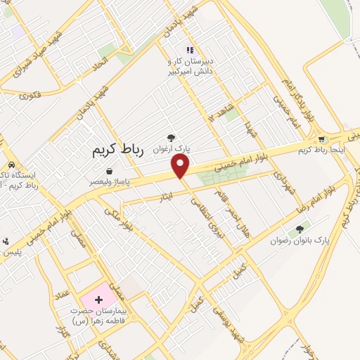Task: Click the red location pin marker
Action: [x=181, y=166]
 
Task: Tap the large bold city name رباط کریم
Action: [x=117, y=150]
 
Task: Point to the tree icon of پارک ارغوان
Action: [x=170, y=139]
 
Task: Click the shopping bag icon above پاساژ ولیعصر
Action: [x=109, y=171]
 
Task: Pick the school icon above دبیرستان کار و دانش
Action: [x=189, y=50]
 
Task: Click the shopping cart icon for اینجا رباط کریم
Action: [x=321, y=140]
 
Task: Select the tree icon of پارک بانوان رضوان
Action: [x=300, y=229]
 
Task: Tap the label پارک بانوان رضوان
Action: [x=300, y=240]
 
